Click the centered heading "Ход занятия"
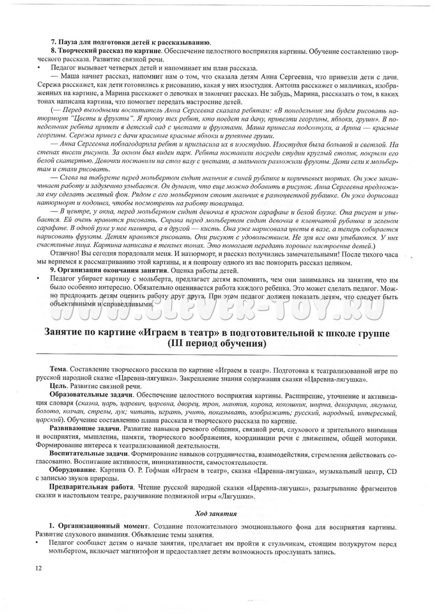point(216,513)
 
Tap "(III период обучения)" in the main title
point(216,343)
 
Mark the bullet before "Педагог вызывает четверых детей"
point(40,67)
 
